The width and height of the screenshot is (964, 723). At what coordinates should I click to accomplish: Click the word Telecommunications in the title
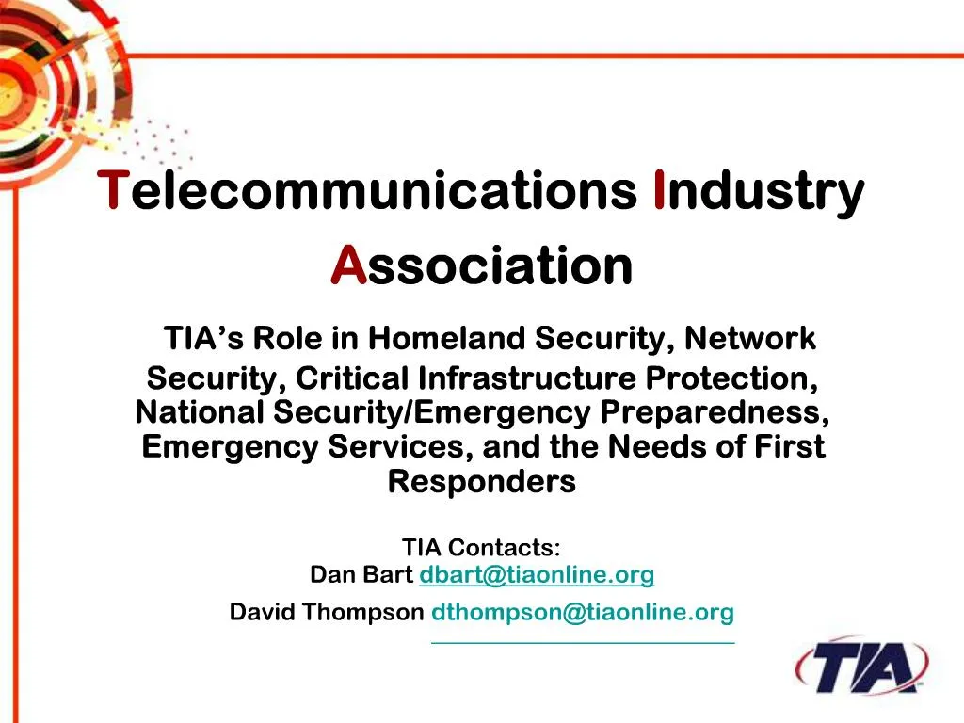point(369,191)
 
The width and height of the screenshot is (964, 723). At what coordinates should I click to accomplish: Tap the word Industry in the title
point(758,191)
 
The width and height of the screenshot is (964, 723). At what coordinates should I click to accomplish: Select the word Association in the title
point(482,266)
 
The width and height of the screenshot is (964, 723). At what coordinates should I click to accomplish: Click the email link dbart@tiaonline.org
point(537,574)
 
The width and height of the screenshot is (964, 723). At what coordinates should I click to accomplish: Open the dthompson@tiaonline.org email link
point(582,613)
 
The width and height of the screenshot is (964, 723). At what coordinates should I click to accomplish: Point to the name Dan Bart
point(361,574)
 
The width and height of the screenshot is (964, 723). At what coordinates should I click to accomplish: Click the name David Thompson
point(327,613)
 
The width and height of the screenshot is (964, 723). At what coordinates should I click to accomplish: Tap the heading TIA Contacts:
point(481,547)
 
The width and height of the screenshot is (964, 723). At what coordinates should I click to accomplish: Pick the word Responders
point(481,481)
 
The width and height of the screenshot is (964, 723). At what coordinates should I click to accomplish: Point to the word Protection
point(731,378)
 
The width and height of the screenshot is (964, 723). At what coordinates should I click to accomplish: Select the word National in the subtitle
point(200,412)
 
